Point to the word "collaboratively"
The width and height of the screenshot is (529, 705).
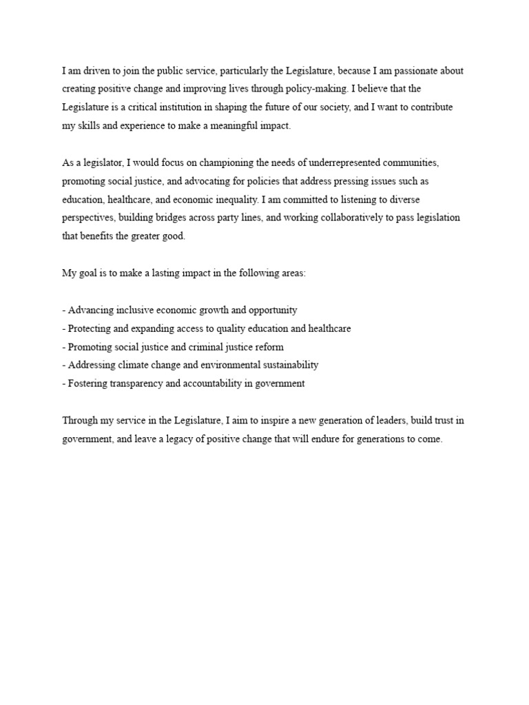(x=329, y=218)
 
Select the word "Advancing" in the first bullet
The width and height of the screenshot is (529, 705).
(x=91, y=310)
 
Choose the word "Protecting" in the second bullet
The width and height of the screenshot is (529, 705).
(x=92, y=328)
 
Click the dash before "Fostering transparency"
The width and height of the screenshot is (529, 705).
(x=63, y=383)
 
